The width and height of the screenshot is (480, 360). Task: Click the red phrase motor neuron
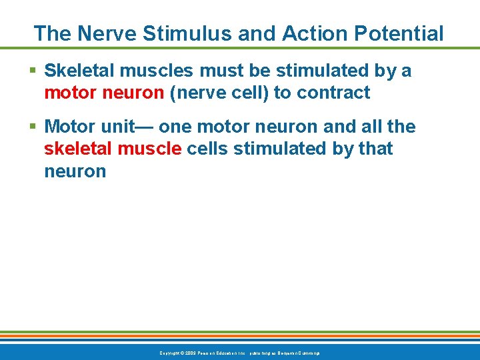(x=104, y=93)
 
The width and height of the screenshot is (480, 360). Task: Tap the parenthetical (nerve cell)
(x=219, y=93)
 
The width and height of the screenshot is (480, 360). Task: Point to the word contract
(x=333, y=93)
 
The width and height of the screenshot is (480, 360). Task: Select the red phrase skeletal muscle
(x=113, y=149)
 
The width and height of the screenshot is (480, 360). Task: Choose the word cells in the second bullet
(x=207, y=149)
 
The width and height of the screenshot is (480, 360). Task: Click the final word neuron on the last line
(x=75, y=171)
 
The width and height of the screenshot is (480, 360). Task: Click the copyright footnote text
(x=239, y=352)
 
